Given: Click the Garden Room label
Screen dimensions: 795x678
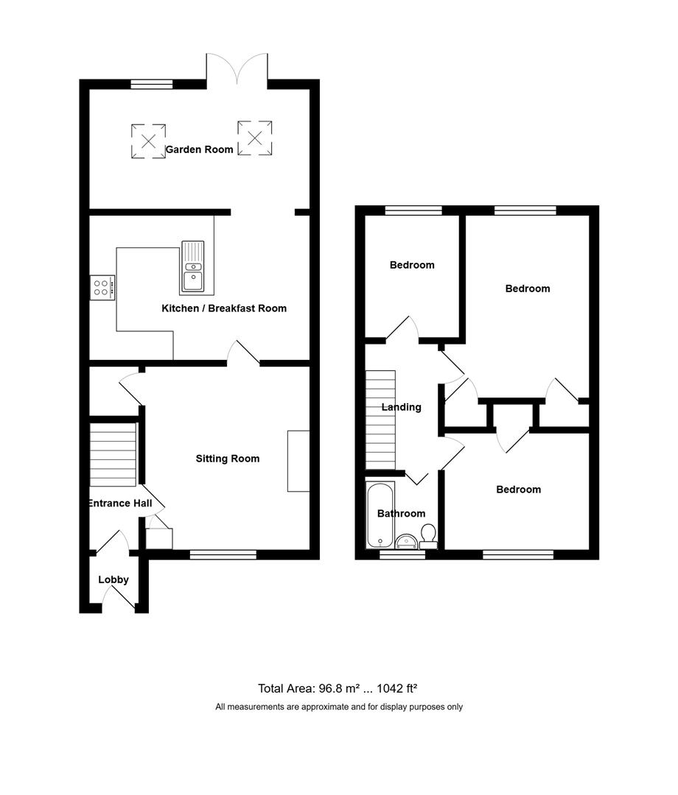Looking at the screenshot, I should click(x=199, y=149).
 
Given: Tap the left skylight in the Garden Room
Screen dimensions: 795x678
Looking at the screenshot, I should click(x=148, y=141).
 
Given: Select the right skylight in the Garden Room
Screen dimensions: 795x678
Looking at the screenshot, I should click(x=255, y=138).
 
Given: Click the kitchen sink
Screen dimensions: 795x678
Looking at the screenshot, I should click(x=192, y=267).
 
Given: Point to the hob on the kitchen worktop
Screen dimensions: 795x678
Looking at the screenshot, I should click(x=102, y=287).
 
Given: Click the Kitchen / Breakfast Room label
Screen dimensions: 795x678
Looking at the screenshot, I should click(x=224, y=308).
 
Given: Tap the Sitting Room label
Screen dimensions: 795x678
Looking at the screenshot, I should click(x=227, y=459).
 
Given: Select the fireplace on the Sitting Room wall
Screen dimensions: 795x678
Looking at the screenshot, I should click(x=298, y=461).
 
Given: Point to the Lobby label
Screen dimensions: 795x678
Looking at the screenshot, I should click(x=113, y=580).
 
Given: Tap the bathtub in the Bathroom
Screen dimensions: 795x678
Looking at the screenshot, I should click(x=381, y=515).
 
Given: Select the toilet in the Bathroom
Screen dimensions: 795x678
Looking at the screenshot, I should click(x=428, y=535).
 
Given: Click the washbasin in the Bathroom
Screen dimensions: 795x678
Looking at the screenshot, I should click(x=406, y=543).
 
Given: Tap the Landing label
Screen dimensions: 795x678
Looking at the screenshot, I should click(x=401, y=407).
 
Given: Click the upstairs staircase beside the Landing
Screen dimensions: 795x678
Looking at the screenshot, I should click(x=380, y=420).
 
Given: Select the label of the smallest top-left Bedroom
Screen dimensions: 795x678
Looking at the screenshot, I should click(x=412, y=265).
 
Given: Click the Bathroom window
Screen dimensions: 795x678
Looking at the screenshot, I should click(x=402, y=556).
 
